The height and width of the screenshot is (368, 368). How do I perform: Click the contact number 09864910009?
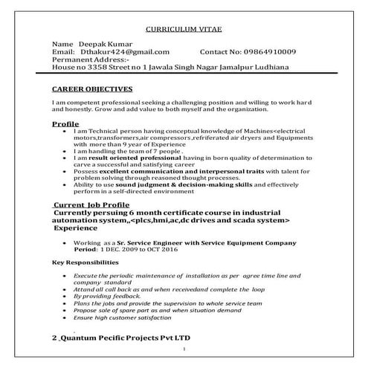click(x=271, y=51)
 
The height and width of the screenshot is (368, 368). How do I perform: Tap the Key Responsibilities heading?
click(x=85, y=263)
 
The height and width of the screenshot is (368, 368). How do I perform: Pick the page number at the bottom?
click(x=184, y=349)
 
